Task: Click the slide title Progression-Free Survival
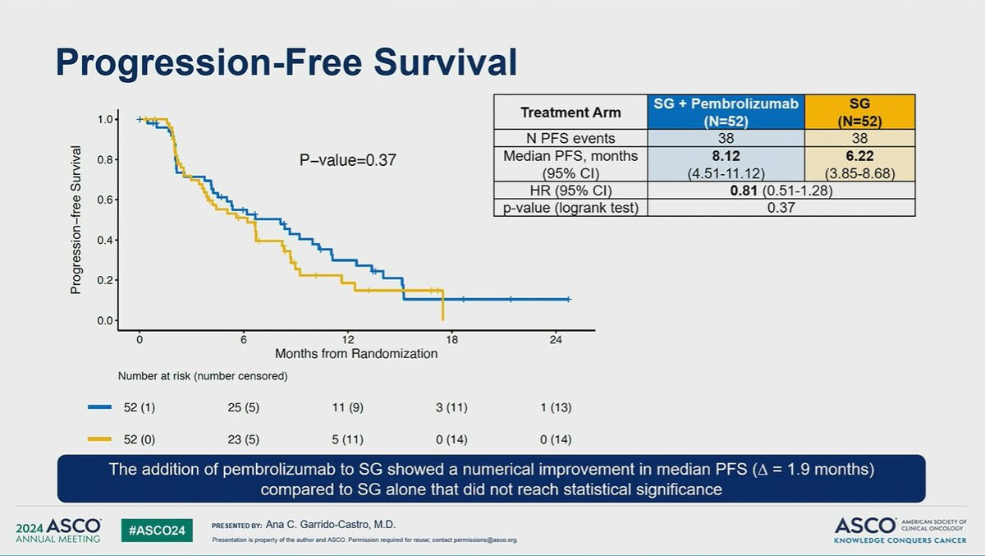tap(286, 63)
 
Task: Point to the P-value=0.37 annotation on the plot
tap(347, 161)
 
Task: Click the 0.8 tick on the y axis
tap(104, 159)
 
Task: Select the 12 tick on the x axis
tap(348, 338)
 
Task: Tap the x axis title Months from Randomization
tap(356, 354)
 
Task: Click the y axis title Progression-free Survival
tap(76, 220)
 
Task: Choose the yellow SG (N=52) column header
tap(859, 112)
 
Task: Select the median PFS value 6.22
tap(859, 154)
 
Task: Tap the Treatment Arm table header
tap(571, 113)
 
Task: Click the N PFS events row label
tap(571, 138)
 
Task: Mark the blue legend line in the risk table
tap(99, 407)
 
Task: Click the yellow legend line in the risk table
tap(99, 440)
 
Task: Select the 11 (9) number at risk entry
tap(348, 407)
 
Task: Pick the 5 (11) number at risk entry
tap(348, 440)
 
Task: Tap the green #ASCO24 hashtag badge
tap(158, 530)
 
